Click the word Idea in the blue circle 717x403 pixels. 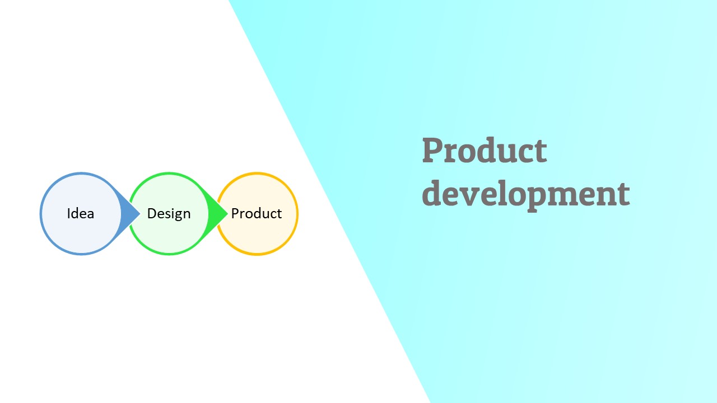click(x=80, y=214)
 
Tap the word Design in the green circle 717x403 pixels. click(x=169, y=214)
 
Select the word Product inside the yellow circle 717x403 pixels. click(x=257, y=214)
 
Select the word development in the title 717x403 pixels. click(x=525, y=194)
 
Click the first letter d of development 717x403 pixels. click(x=432, y=193)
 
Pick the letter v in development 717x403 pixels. click(x=471, y=195)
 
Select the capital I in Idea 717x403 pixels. click(x=69, y=214)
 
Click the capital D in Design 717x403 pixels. click(x=152, y=214)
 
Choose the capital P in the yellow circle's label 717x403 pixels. click(x=235, y=214)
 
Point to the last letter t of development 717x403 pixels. click(x=623, y=194)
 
